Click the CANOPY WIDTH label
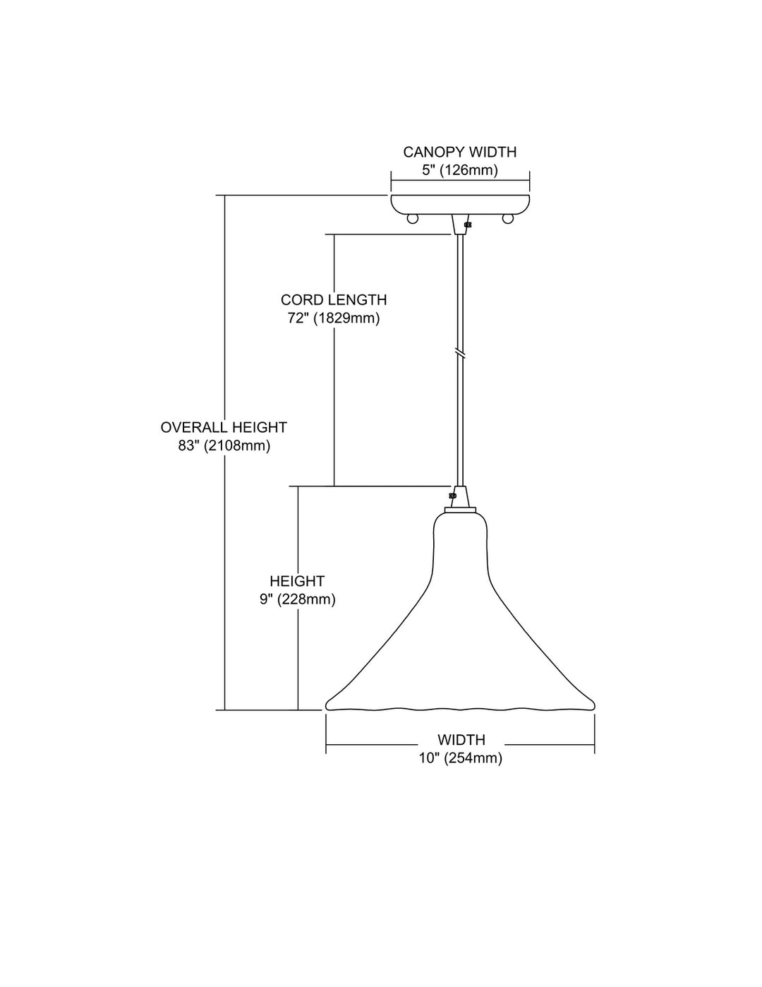point(459,152)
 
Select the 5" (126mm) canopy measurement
point(459,170)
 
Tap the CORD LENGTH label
point(334,300)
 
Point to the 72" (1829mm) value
point(334,318)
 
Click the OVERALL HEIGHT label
point(224,427)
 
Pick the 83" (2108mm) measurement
point(224,446)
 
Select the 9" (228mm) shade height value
point(297,599)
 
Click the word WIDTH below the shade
point(461,740)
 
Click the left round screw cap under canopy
point(413,218)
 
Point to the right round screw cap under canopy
point(507,218)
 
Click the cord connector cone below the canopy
point(459,224)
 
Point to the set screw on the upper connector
point(466,225)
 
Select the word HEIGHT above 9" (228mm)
point(297,581)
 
